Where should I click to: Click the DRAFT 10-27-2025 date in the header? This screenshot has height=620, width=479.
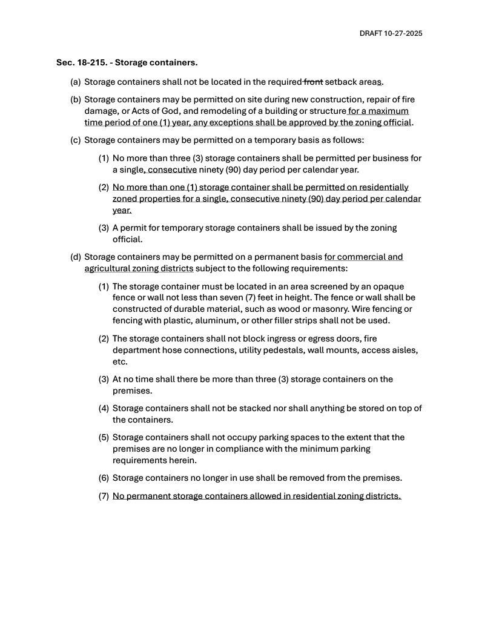pyautogui.click(x=391, y=33)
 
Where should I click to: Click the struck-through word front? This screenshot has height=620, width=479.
pyautogui.click(x=313, y=82)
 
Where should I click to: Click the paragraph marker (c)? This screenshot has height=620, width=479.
pyautogui.click(x=76, y=140)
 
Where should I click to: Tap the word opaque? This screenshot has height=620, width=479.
pyautogui.click(x=389, y=286)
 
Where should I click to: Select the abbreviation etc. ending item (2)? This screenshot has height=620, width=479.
pyautogui.click(x=119, y=362)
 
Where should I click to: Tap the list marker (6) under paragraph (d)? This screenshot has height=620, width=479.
pyautogui.click(x=104, y=478)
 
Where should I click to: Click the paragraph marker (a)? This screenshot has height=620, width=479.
pyautogui.click(x=76, y=82)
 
